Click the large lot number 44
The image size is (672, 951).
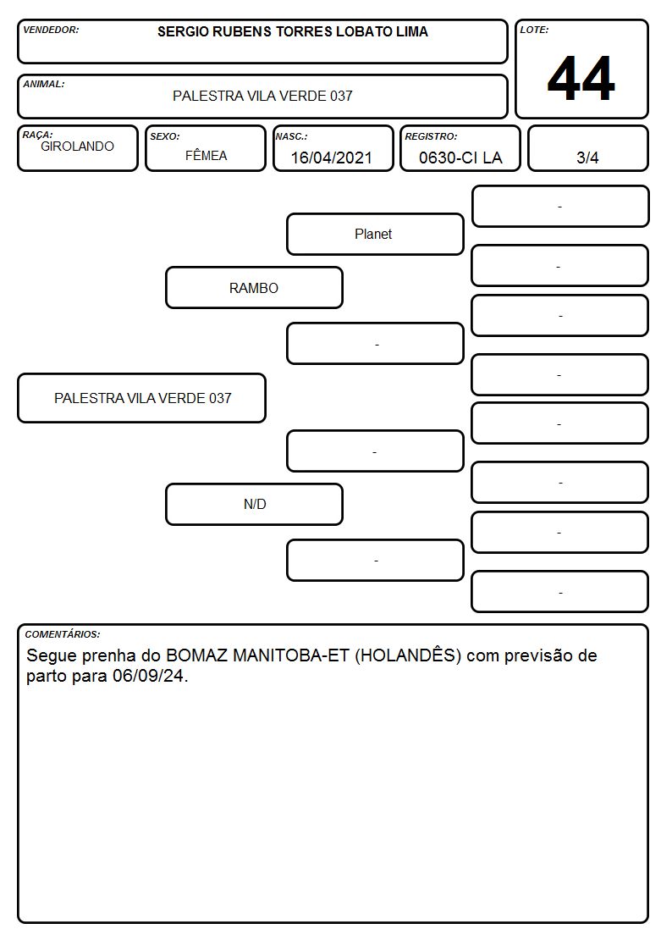[581, 78]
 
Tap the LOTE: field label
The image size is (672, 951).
[534, 30]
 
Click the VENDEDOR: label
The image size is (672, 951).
[51, 30]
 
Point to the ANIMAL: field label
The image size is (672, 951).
[44, 84]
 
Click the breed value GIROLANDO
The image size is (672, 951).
[78, 147]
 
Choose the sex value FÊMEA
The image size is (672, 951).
[206, 155]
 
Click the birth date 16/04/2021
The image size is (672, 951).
[332, 158]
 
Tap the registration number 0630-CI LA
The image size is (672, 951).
[460, 158]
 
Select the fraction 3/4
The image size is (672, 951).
[587, 158]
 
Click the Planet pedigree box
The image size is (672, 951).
[375, 234]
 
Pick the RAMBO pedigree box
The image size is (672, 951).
[255, 288]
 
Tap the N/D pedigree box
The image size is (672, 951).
[255, 504]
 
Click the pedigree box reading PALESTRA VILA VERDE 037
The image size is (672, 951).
[142, 398]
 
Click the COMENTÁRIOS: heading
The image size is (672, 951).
[63, 634]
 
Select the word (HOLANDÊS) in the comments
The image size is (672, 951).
[408, 655]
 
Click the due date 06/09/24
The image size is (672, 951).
[148, 677]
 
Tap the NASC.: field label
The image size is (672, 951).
[291, 137]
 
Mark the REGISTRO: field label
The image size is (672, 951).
[432, 137]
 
